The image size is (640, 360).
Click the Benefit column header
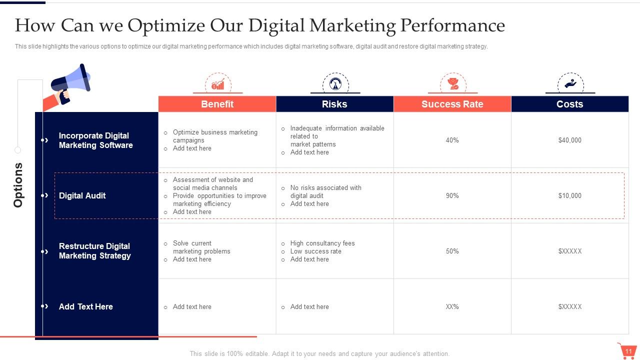(x=217, y=104)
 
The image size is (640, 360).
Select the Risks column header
(x=334, y=104)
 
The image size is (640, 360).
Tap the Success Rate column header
(x=452, y=104)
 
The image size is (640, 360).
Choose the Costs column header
(x=569, y=104)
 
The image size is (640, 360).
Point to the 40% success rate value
(x=452, y=140)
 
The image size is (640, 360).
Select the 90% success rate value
(x=452, y=196)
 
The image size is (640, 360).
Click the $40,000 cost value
(x=569, y=140)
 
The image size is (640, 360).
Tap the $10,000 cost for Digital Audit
(x=569, y=196)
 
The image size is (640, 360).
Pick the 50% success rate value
(x=452, y=251)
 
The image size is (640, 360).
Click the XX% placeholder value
(x=452, y=307)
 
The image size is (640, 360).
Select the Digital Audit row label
(x=82, y=196)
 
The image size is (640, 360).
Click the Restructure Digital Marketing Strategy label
(x=94, y=251)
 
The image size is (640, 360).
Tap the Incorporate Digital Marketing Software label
(x=95, y=140)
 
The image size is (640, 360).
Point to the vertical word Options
(x=18, y=185)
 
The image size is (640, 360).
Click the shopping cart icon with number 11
(x=627, y=351)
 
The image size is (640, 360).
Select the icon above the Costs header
(x=570, y=83)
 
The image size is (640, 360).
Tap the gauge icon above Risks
(x=335, y=83)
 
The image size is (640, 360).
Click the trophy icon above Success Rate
(x=453, y=83)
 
